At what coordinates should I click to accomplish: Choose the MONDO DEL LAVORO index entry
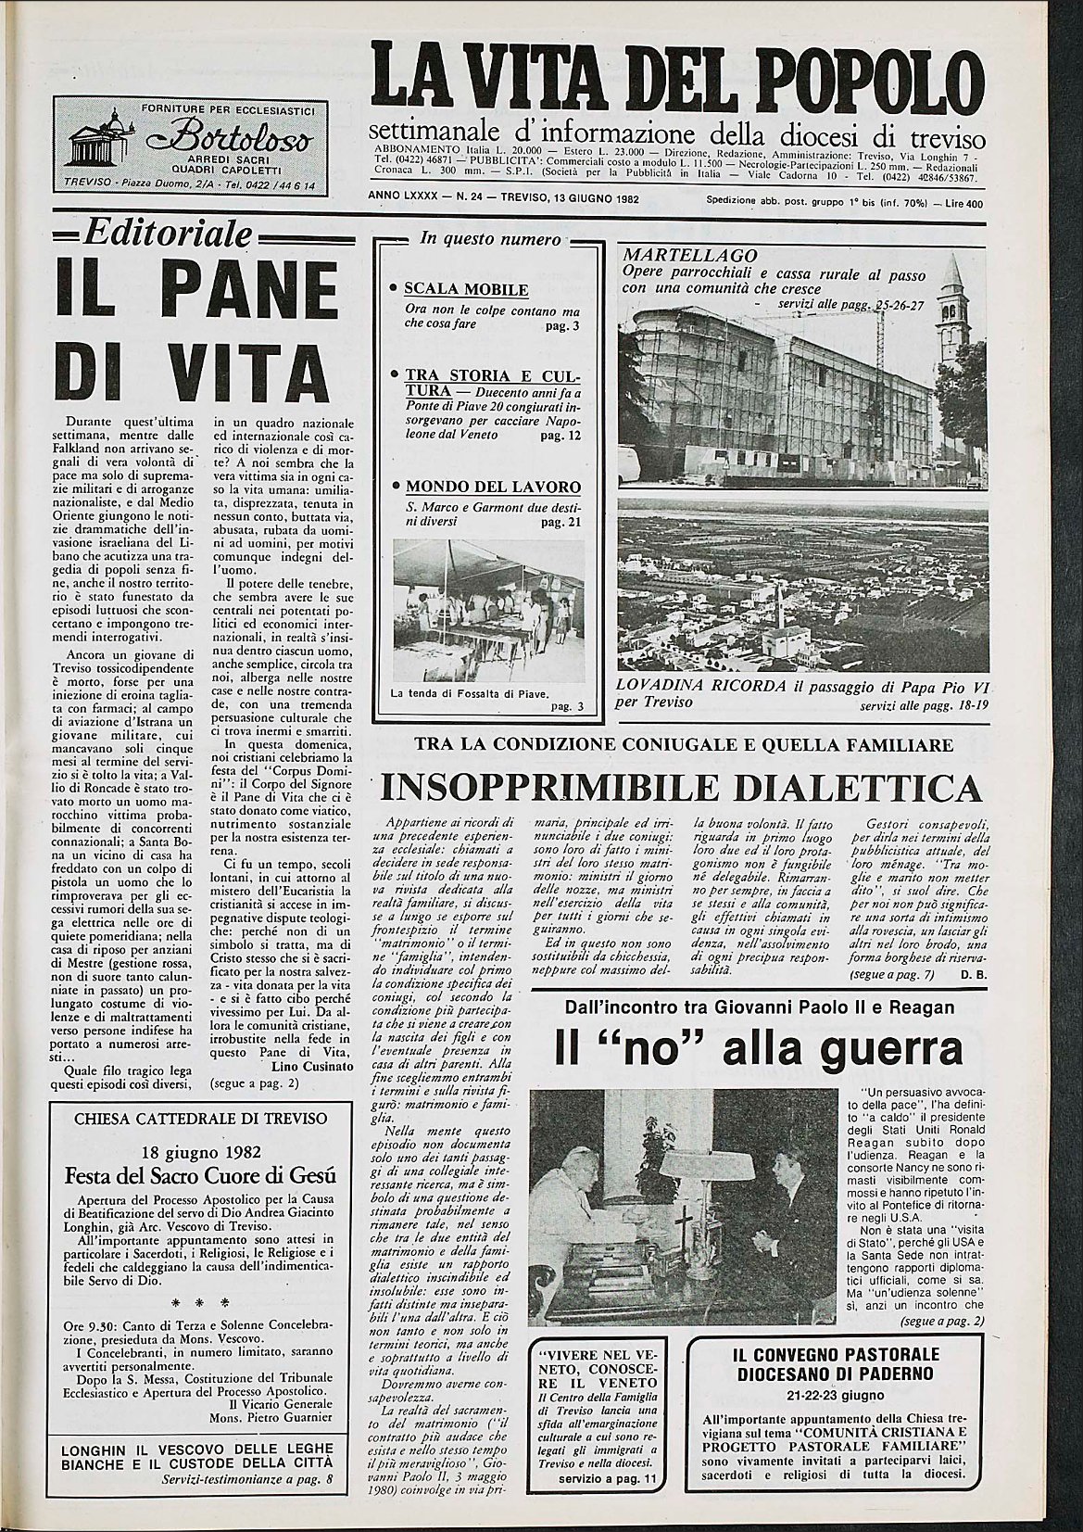(x=493, y=487)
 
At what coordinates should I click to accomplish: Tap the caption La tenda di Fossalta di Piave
(x=471, y=692)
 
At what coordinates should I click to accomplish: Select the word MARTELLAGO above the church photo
(x=690, y=255)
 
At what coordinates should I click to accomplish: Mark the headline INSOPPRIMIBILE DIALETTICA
(x=681, y=788)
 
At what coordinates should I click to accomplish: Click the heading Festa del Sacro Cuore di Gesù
(x=200, y=1177)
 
